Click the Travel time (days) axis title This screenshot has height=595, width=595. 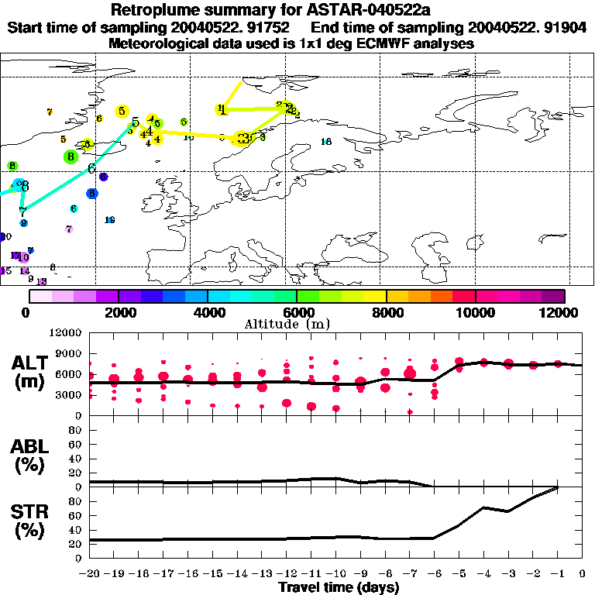(x=339, y=587)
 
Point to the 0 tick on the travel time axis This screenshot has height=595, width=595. (x=583, y=574)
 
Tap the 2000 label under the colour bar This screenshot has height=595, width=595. (x=118, y=311)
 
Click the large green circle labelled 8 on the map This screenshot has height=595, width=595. (x=71, y=156)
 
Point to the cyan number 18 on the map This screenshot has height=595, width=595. (x=326, y=142)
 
